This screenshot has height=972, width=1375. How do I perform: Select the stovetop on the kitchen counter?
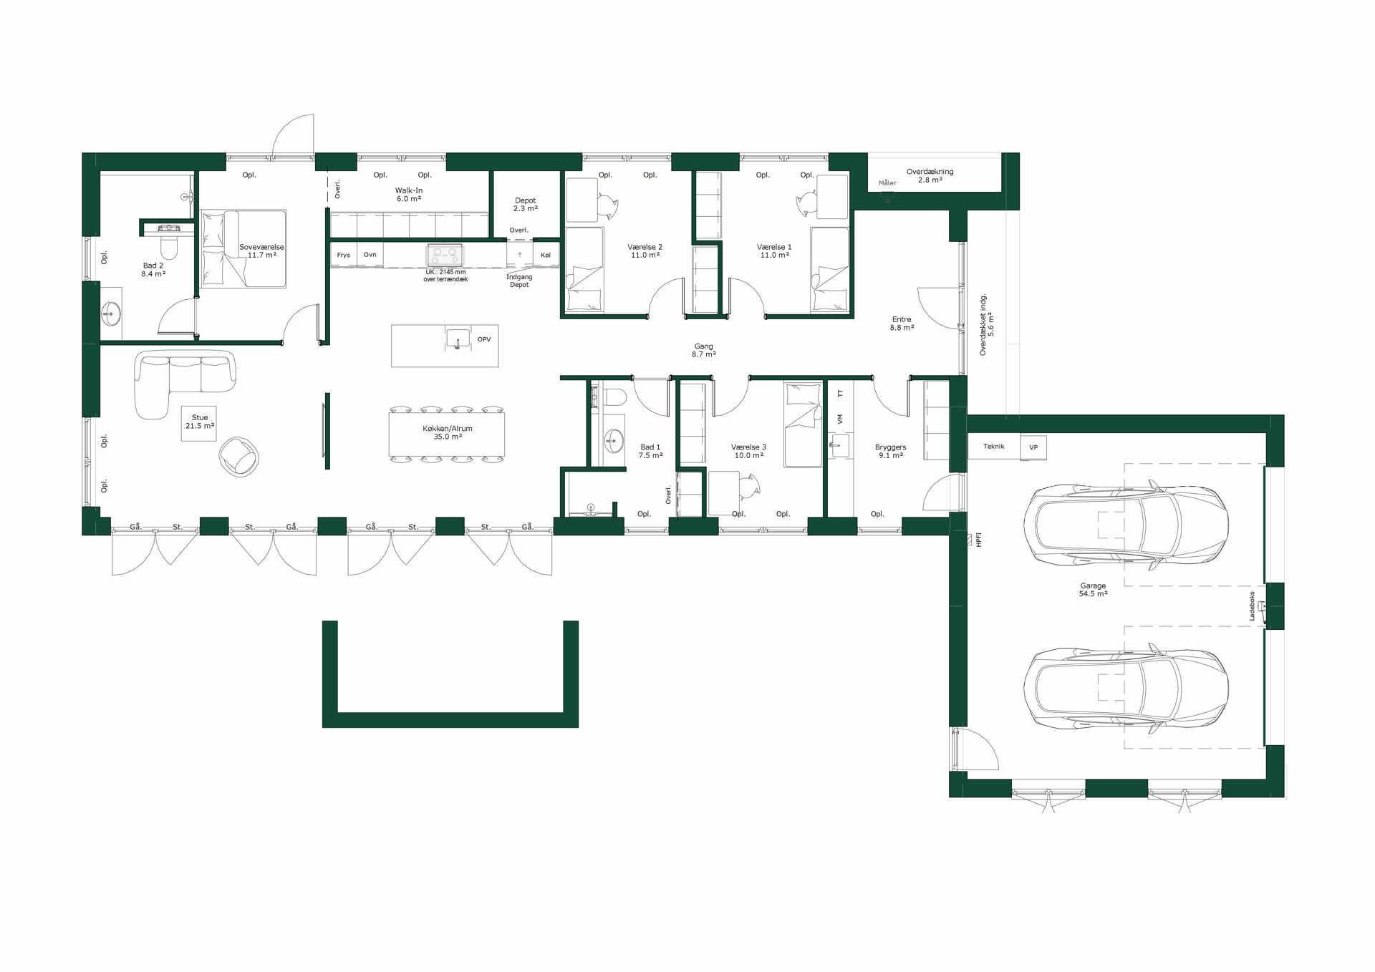point(445,255)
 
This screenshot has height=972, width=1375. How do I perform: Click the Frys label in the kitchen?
point(344,255)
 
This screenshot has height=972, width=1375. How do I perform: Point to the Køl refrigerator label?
point(546,255)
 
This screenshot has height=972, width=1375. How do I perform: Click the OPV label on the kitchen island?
point(484,339)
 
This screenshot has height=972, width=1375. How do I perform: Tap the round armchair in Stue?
point(239,457)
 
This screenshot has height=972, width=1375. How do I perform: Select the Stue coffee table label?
point(200,422)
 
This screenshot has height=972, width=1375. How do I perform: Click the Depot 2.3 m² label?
point(526,205)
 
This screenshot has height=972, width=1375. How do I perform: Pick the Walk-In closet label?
point(409,195)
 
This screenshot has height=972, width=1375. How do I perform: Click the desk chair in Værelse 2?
point(607,206)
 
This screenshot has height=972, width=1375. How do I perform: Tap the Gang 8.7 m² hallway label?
point(704,350)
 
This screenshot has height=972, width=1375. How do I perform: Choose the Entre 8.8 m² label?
point(902,324)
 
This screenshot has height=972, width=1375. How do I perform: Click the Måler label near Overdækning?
point(887,183)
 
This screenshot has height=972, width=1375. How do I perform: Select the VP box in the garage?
point(1033,447)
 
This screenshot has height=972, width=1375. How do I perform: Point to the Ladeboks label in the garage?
point(1252,606)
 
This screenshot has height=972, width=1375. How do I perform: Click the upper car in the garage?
point(1126,525)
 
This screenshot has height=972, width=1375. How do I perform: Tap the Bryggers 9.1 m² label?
point(891,451)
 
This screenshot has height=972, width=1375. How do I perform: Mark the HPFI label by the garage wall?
point(979,540)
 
